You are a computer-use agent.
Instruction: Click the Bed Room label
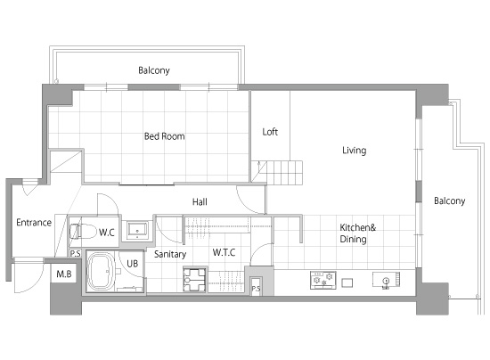click(165, 136)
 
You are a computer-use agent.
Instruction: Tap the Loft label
click(270, 132)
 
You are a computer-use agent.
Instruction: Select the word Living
click(354, 151)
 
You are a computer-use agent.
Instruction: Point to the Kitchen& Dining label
click(358, 233)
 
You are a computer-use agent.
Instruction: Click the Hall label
click(200, 202)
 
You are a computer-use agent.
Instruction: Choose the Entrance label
click(34, 223)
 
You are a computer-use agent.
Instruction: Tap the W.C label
click(107, 233)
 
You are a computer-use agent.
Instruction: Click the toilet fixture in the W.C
click(83, 232)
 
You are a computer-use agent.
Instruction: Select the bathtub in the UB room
click(101, 271)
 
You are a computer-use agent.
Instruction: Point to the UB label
click(132, 264)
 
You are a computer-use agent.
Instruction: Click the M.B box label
click(64, 274)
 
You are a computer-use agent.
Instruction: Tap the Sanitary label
click(170, 254)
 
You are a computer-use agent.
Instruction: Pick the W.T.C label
click(224, 252)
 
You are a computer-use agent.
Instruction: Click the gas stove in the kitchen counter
click(323, 280)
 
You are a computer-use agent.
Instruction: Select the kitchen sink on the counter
click(386, 280)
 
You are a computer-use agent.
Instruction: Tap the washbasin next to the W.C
click(137, 230)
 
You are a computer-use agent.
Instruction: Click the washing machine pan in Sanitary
click(194, 280)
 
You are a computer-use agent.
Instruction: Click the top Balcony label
click(154, 70)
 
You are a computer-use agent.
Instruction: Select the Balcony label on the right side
click(449, 200)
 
